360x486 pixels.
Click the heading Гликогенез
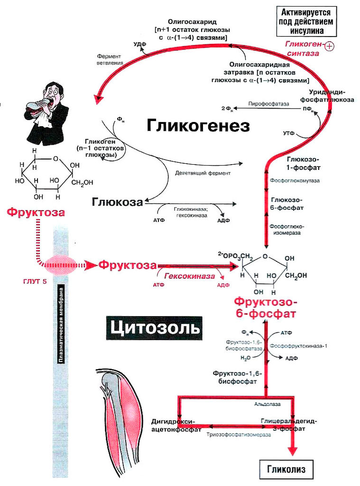pyautogui.click(x=198, y=126)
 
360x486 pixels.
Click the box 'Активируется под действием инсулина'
pyautogui.click(x=306, y=21)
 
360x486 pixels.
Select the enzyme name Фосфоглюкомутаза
pyautogui.click(x=295, y=181)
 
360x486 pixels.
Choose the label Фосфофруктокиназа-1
pyautogui.click(x=299, y=346)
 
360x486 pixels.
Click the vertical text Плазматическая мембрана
pyautogui.click(x=62, y=325)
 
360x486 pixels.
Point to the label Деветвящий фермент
pyautogui.click(x=203, y=173)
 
